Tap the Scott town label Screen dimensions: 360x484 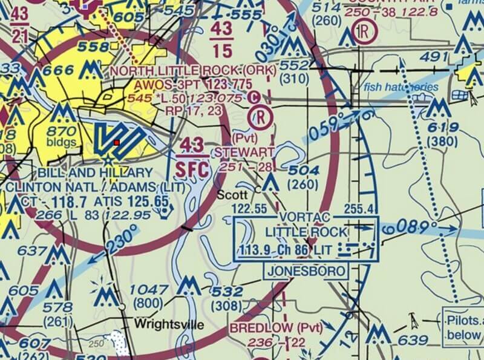coord(232,195)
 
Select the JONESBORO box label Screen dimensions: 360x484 coord(306,271)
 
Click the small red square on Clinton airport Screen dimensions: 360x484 coord(116,143)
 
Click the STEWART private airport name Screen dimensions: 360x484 coord(243,151)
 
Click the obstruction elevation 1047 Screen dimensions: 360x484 coord(148,289)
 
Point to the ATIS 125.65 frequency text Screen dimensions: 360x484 coord(139,201)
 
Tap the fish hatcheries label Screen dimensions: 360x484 coord(401,87)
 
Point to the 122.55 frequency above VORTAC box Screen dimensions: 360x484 coord(250,209)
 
